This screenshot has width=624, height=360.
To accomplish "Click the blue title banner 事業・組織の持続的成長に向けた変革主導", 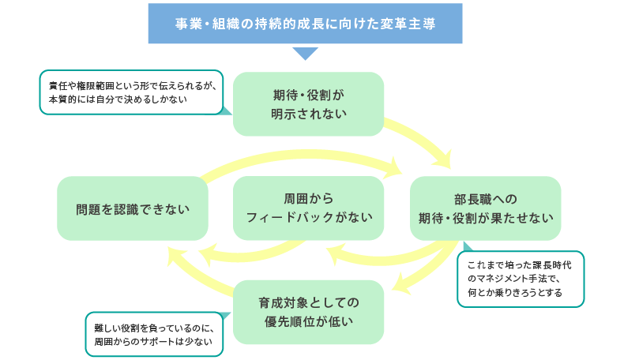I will tap(305, 24).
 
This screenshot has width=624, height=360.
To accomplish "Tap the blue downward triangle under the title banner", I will tap(305, 54).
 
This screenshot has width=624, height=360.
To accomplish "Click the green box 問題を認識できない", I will tap(132, 208).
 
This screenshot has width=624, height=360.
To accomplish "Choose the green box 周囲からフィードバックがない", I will tap(309, 208).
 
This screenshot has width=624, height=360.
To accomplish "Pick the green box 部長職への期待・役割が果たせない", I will tap(485, 208).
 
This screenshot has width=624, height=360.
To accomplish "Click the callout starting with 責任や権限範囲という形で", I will tap(130, 93).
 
